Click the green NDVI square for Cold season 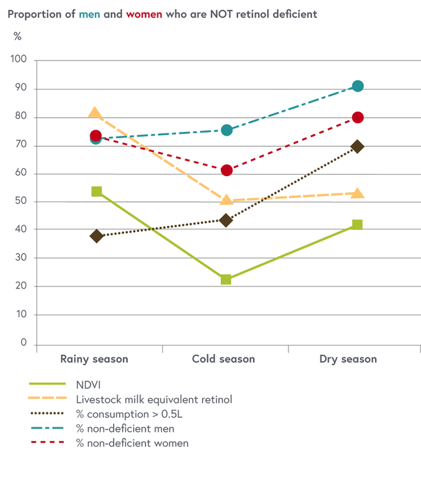pos(226,279)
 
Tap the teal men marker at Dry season pos(357,86)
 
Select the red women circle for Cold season pos(226,170)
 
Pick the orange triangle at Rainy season pos(95,114)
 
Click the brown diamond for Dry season pos(357,147)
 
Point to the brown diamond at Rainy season pos(96,236)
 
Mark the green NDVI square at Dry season pos(357,225)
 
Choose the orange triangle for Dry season pos(357,194)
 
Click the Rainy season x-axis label pos(94,359)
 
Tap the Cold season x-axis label pos(223,359)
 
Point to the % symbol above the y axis pos(18,36)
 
